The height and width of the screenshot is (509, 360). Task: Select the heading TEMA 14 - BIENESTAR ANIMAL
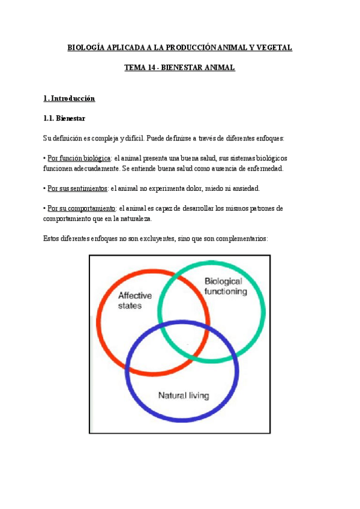click(179, 68)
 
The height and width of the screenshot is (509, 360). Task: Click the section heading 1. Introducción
click(70, 98)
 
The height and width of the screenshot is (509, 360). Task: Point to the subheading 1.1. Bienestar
click(68, 118)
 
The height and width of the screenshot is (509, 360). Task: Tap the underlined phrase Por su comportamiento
click(82, 208)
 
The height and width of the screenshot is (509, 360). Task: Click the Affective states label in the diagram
click(134, 300)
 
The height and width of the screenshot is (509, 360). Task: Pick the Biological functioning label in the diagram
click(225, 286)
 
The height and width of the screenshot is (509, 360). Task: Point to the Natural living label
click(183, 395)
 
